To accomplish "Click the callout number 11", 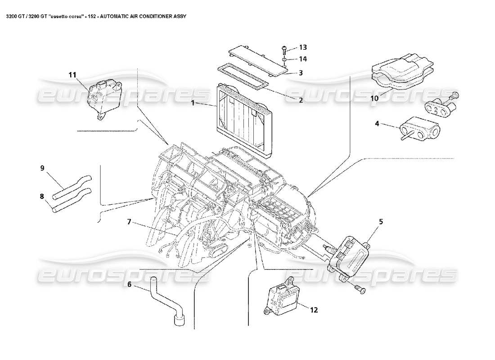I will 72,75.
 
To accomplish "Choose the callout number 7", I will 129,221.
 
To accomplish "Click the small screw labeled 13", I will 284,48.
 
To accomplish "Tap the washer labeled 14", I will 285,59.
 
